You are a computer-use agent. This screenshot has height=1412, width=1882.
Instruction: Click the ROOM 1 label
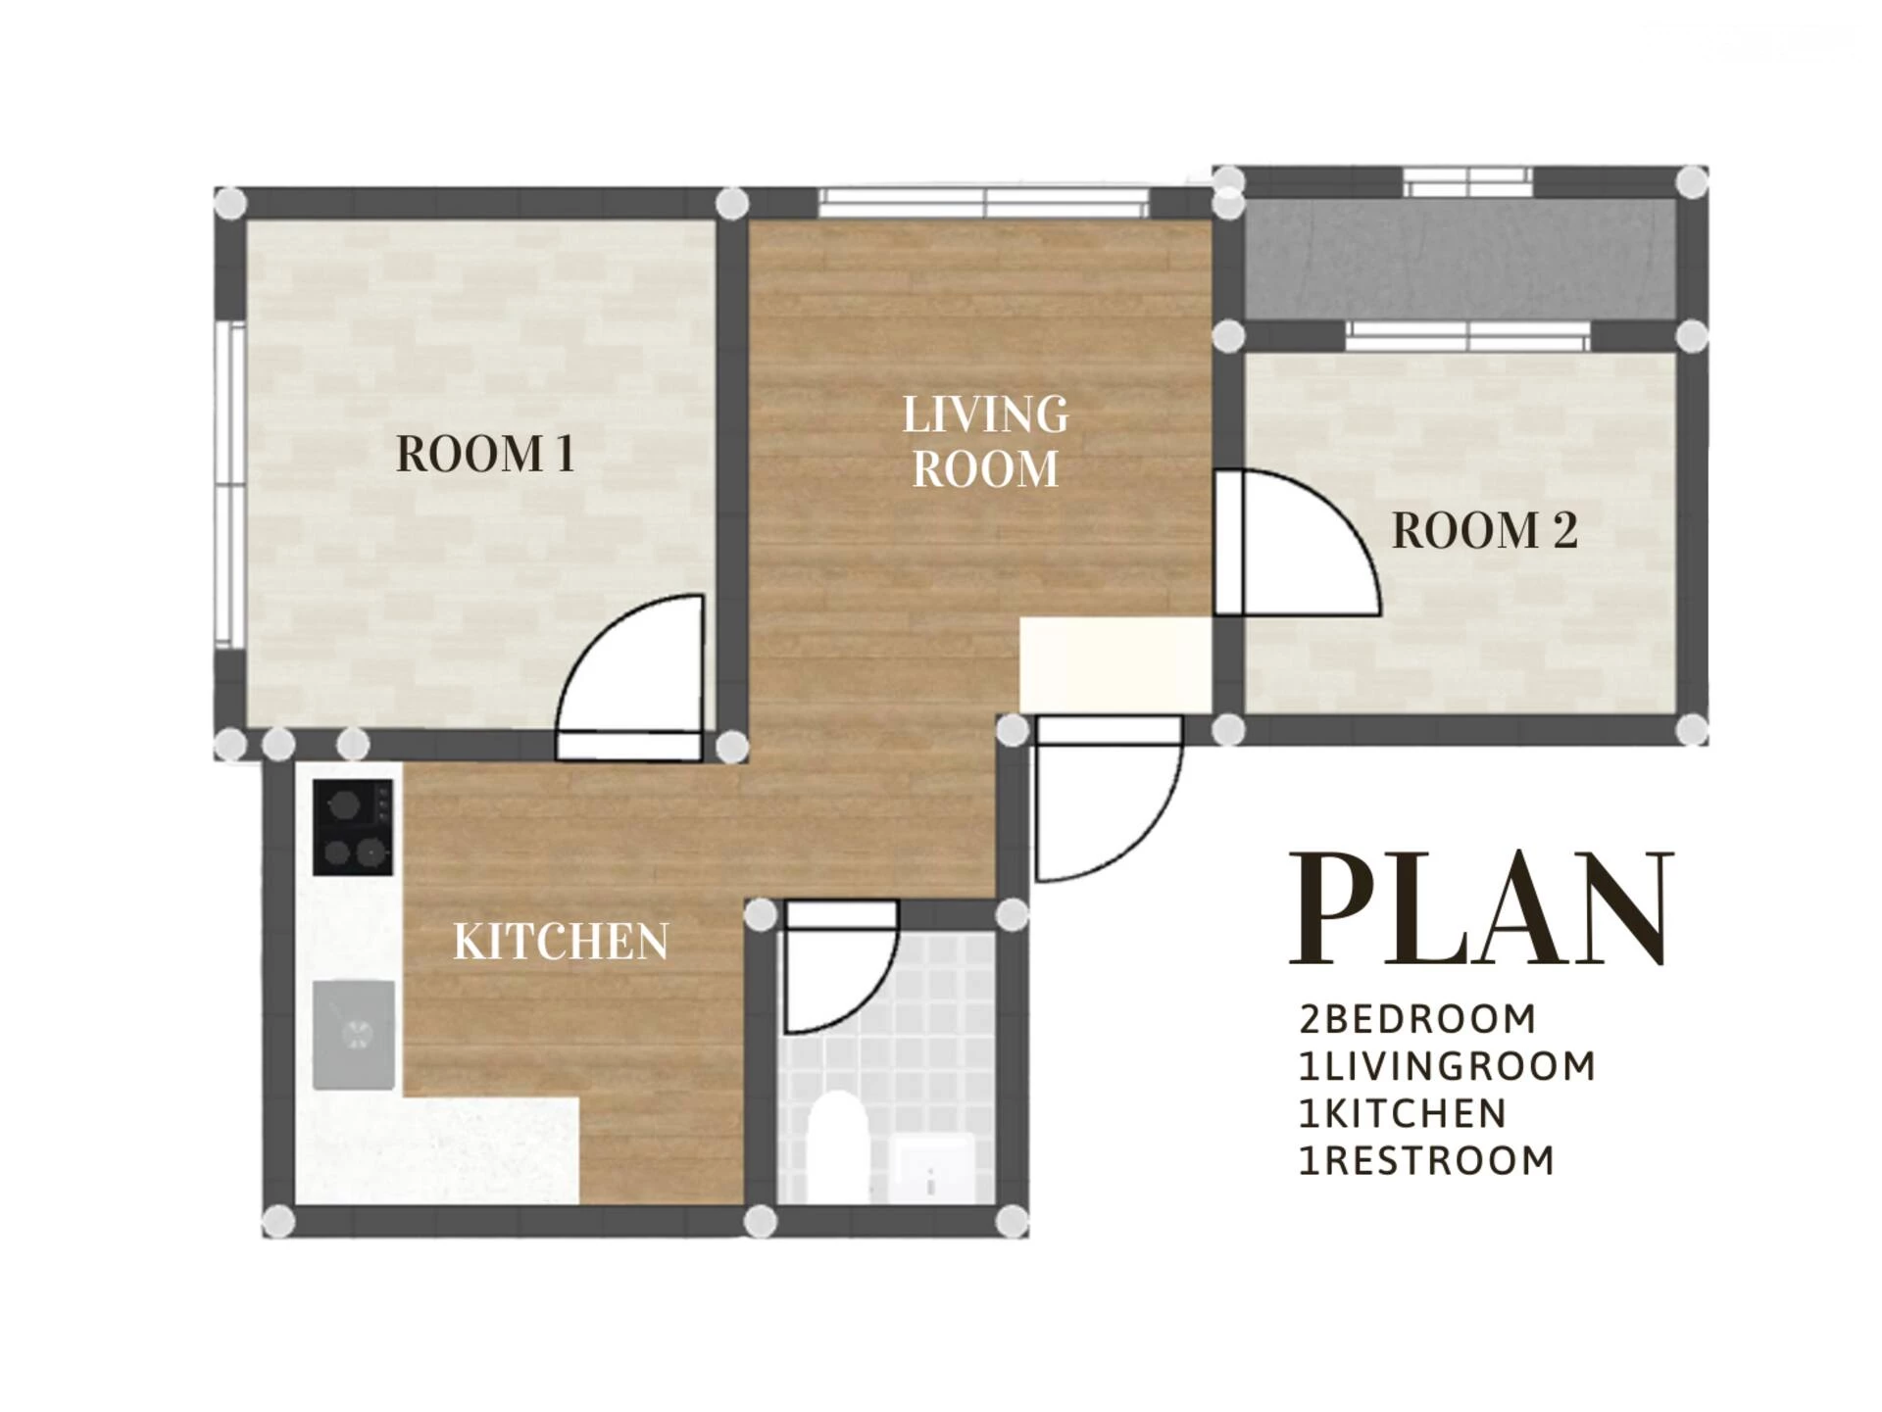(485, 454)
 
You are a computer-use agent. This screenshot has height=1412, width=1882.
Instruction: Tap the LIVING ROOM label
(985, 441)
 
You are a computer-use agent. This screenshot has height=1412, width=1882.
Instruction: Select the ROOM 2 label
(1484, 531)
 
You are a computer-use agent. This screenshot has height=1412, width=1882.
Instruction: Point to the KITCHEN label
(561, 942)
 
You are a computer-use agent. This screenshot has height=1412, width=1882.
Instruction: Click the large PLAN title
(1481, 908)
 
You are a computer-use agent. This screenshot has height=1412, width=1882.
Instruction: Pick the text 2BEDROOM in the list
(1417, 1019)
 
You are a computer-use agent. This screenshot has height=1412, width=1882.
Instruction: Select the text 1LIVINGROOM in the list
(1447, 1066)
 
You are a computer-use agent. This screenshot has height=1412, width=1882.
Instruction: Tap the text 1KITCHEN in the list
(1403, 1113)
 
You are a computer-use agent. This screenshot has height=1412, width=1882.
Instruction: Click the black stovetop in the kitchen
(353, 827)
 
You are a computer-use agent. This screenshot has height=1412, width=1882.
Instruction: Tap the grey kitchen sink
(354, 1035)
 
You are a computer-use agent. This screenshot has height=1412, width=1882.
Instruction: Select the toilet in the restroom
(838, 1146)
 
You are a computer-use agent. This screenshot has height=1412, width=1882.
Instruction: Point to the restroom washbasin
(935, 1167)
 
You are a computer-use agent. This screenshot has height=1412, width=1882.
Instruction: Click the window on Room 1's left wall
(230, 484)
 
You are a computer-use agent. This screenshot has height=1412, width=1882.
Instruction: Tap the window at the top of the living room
(983, 203)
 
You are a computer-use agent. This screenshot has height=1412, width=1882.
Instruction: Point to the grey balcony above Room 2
(1459, 259)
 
